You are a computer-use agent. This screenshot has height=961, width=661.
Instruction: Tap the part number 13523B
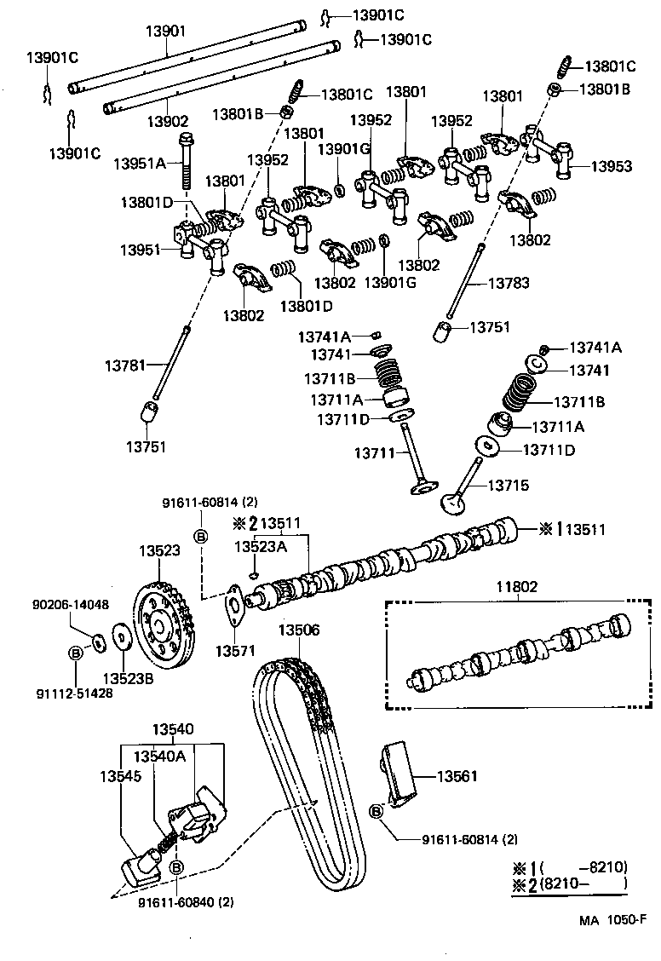pyautogui.click(x=128, y=678)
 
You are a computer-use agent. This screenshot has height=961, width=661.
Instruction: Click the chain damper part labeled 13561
pyautogui.click(x=399, y=775)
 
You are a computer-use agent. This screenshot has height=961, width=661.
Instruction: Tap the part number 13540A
pyautogui.click(x=157, y=755)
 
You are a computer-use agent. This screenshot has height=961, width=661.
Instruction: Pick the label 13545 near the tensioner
pyautogui.click(x=121, y=776)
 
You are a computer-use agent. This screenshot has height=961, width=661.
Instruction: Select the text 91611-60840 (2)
pyautogui.click(x=186, y=901)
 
